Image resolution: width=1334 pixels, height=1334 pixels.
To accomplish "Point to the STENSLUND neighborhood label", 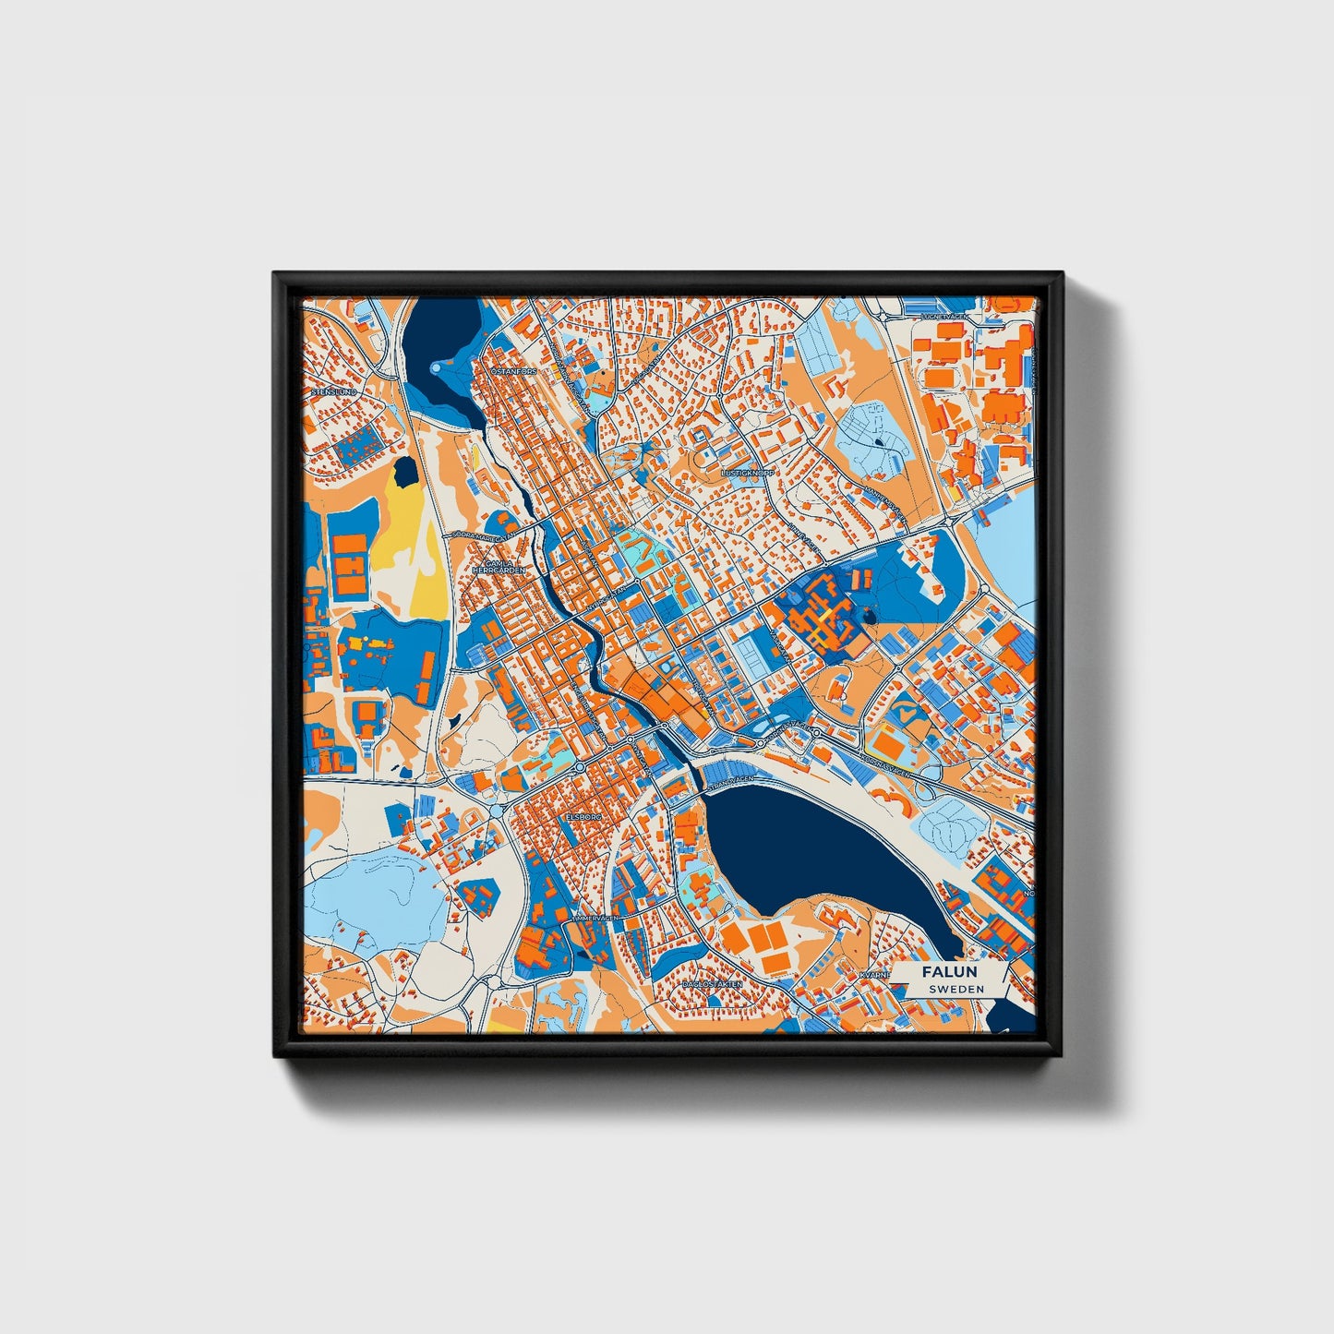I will pos(333,391).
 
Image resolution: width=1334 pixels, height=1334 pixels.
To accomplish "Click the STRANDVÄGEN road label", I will pos(731,781).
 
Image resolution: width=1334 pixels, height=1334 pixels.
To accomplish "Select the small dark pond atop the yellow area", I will pos(403,474).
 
